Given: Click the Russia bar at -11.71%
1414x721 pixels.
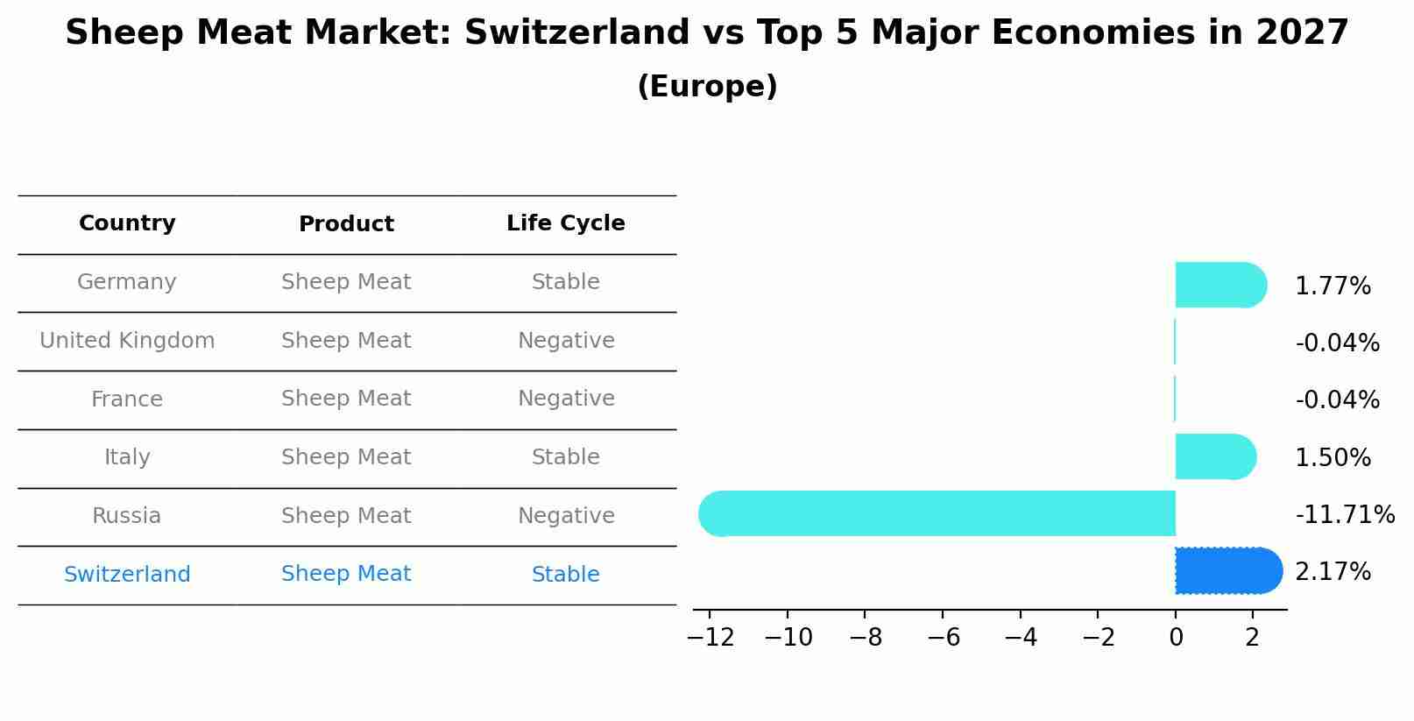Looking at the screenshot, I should pyautogui.click(x=937, y=513).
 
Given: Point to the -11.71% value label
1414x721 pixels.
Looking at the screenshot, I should pyautogui.click(x=1345, y=515).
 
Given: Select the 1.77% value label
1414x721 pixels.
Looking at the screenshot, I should pyautogui.click(x=1333, y=286).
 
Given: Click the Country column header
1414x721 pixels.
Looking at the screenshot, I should pyautogui.click(x=127, y=223).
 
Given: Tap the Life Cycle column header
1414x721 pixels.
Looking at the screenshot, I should pyautogui.click(x=566, y=223).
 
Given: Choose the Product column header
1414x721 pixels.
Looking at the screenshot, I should pyautogui.click(x=346, y=224).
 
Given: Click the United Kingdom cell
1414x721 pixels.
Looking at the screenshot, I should pyautogui.click(x=127, y=341).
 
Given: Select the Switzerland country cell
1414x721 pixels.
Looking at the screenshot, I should pyautogui.click(x=127, y=575).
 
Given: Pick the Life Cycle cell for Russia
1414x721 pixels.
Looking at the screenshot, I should pyautogui.click(x=566, y=516).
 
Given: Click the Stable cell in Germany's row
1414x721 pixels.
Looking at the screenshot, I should pyautogui.click(x=566, y=282).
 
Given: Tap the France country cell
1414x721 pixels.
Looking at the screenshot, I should pyautogui.click(x=127, y=399).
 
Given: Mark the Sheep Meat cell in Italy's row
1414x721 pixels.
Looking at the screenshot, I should pyautogui.click(x=346, y=457).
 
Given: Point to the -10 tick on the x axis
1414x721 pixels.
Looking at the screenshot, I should pyautogui.click(x=788, y=638).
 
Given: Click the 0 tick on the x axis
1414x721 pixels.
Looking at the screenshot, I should pyautogui.click(x=1176, y=638).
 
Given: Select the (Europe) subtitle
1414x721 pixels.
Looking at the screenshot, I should pyautogui.click(x=707, y=87).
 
